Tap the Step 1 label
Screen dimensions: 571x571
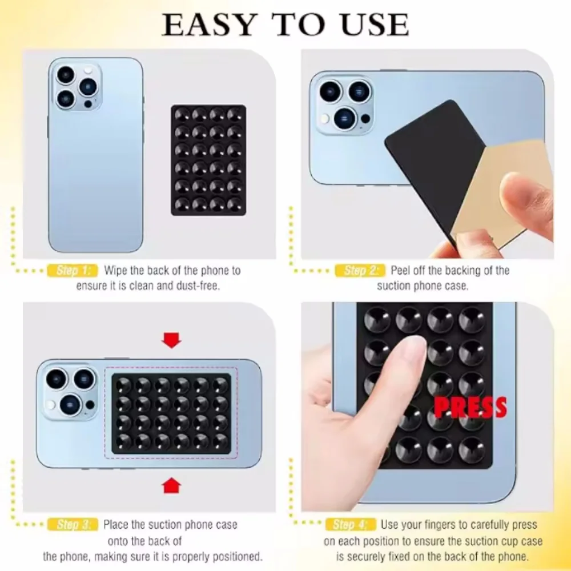[x=74, y=271]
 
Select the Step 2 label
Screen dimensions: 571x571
[x=360, y=271]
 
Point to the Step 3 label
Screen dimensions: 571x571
[x=74, y=525]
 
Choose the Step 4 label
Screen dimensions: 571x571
[x=351, y=525]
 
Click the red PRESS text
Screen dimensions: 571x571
[x=469, y=407]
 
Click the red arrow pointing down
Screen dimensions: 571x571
[x=171, y=341]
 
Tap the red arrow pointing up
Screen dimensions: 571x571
[x=171, y=486]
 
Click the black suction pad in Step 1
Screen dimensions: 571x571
[x=208, y=160]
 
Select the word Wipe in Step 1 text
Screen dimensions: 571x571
[x=116, y=271]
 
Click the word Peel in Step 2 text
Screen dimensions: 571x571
[x=401, y=271]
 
